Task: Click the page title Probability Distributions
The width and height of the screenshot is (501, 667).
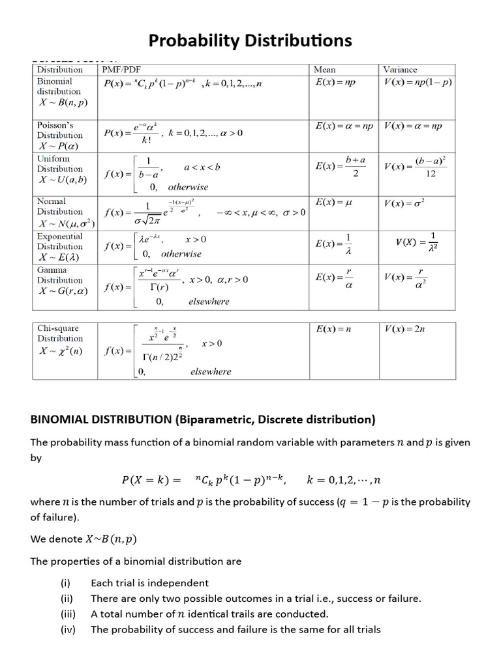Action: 250,40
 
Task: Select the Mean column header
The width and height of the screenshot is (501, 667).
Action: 325,69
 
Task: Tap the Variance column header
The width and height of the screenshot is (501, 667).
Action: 400,69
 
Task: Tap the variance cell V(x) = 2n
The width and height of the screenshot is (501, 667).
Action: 405,329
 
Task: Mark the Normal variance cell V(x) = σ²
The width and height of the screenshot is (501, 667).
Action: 404,203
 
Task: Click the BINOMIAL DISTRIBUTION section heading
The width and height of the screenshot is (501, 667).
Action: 203,419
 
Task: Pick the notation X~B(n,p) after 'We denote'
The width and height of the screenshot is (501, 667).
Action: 112,539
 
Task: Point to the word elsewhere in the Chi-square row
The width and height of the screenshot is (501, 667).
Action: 211,371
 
